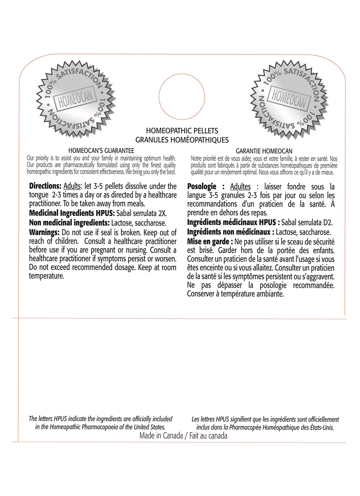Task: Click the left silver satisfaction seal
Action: tap(76, 99)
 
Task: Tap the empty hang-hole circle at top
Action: tap(182, 97)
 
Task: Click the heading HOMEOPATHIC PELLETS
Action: tap(182, 131)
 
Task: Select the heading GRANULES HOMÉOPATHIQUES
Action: tap(182, 140)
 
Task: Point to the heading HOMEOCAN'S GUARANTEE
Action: tap(101, 151)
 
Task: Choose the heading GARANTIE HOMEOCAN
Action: tap(264, 151)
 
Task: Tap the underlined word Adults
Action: tap(72, 186)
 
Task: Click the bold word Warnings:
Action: tap(44, 232)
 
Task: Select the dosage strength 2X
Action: tap(162, 213)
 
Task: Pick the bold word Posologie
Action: tap(202, 187)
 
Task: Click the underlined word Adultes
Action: tap(240, 187)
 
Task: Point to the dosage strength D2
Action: tap(328, 222)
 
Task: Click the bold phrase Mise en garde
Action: tap(208, 242)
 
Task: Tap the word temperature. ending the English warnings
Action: tap(46, 276)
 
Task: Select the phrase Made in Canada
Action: tap(161, 436)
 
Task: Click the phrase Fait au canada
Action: tap(208, 436)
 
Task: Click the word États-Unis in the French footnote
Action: tap(322, 428)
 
